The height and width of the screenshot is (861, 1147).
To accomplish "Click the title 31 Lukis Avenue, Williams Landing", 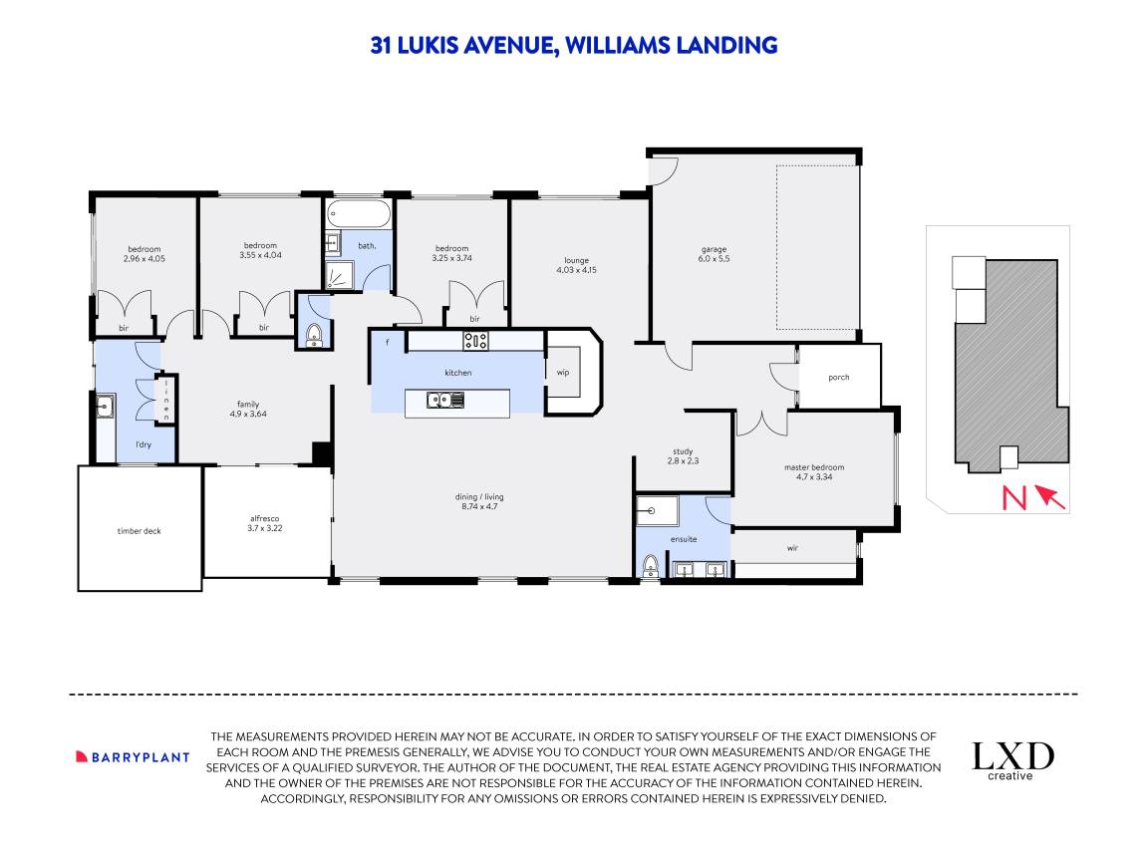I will pos(573,45).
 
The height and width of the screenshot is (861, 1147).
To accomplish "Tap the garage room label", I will pos(714,254).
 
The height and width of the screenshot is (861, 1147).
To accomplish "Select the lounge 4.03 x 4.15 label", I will pos(576,265).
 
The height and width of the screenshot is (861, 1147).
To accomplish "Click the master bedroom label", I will pos(814,472).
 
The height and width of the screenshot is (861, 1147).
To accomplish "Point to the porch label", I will pos(839,377).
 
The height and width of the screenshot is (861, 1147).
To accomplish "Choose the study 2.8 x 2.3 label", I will pos(682,455).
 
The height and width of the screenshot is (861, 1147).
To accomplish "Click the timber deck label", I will pos(139,531).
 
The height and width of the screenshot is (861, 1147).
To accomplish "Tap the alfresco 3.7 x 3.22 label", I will pos(266,523).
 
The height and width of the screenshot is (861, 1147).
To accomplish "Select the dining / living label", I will pos(482,501).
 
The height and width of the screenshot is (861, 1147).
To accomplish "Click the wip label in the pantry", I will pos(563,373).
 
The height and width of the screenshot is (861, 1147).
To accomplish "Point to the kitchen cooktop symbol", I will pos(475,341).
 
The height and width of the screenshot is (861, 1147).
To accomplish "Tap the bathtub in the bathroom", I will pos(359,214).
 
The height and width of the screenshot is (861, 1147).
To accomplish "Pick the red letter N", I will pos(1012,497).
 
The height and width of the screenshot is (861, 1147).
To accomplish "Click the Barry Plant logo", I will pos(133,756).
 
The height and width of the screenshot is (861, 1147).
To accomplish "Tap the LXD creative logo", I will pos(1012,760).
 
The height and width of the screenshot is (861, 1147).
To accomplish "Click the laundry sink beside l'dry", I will pos(106,406).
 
